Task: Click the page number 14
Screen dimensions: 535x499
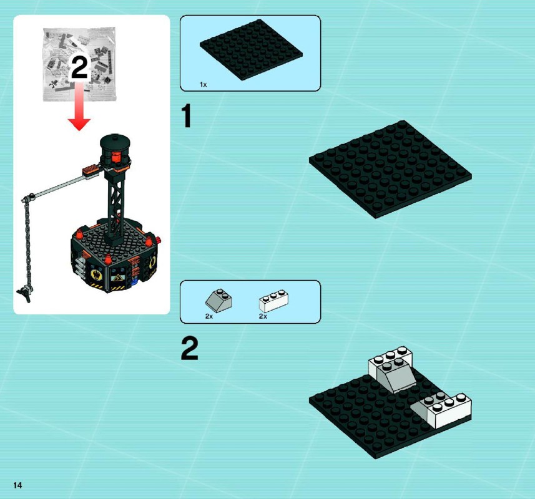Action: [x=17, y=485]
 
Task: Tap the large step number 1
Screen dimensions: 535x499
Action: [x=187, y=116]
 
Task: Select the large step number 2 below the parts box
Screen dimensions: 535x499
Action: [x=189, y=348]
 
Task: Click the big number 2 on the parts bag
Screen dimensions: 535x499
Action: [x=79, y=67]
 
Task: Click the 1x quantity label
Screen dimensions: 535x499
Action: [x=204, y=85]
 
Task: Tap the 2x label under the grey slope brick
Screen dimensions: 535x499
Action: [x=209, y=316]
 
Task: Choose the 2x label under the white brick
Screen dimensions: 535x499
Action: [x=263, y=316]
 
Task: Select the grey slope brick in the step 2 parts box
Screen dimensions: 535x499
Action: [x=218, y=299]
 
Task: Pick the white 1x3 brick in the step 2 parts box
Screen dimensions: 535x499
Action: [x=273, y=301]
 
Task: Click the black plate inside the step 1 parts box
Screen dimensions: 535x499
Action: [x=251, y=50]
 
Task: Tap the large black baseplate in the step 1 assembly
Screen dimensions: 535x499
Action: [x=390, y=169]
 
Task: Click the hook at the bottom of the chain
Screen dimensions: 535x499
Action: [x=24, y=294]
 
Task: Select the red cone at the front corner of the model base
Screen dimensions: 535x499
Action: [x=108, y=259]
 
